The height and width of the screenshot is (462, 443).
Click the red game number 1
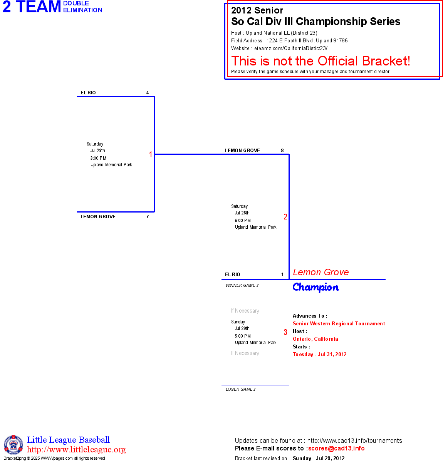click(x=151, y=154)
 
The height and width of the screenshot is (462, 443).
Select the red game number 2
click(x=285, y=217)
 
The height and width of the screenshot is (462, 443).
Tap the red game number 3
click(x=285, y=332)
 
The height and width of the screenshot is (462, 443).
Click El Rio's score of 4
click(x=148, y=93)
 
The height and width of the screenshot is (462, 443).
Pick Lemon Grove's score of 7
click(x=148, y=217)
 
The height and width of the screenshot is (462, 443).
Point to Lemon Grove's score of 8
click(x=282, y=151)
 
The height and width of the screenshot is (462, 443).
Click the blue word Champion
click(x=315, y=287)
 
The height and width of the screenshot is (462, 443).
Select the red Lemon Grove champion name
click(x=321, y=272)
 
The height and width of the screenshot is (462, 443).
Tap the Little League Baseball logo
click(x=13, y=445)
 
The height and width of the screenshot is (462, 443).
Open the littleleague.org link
click(x=76, y=450)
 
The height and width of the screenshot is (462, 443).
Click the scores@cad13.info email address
click(x=336, y=448)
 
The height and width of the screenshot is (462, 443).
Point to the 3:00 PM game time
click(x=98, y=158)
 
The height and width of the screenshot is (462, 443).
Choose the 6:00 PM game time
click(x=243, y=221)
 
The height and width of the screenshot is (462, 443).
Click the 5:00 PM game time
click(x=243, y=336)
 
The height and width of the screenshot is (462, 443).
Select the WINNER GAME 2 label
click(x=242, y=285)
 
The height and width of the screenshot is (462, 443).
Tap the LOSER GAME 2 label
click(x=240, y=389)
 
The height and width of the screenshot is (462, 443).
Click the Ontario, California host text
click(x=315, y=339)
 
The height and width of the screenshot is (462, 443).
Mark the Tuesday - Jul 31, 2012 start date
click(x=320, y=354)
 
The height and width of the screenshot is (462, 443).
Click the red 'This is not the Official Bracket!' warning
click(x=321, y=61)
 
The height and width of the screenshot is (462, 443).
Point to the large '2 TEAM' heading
click(x=32, y=7)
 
